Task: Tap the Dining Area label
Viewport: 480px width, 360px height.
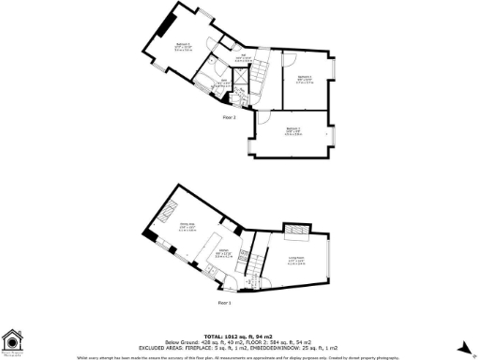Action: click(187, 225)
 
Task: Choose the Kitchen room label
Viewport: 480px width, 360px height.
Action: click(223, 252)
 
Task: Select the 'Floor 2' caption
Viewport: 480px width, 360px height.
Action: click(229, 118)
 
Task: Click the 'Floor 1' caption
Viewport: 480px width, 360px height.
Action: click(224, 303)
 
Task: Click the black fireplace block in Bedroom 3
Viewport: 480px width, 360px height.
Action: click(166, 22)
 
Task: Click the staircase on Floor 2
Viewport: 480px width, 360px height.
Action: click(247, 93)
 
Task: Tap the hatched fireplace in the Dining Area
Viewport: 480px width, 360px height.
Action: click(172, 207)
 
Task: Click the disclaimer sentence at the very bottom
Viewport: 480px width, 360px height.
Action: click(240, 355)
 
